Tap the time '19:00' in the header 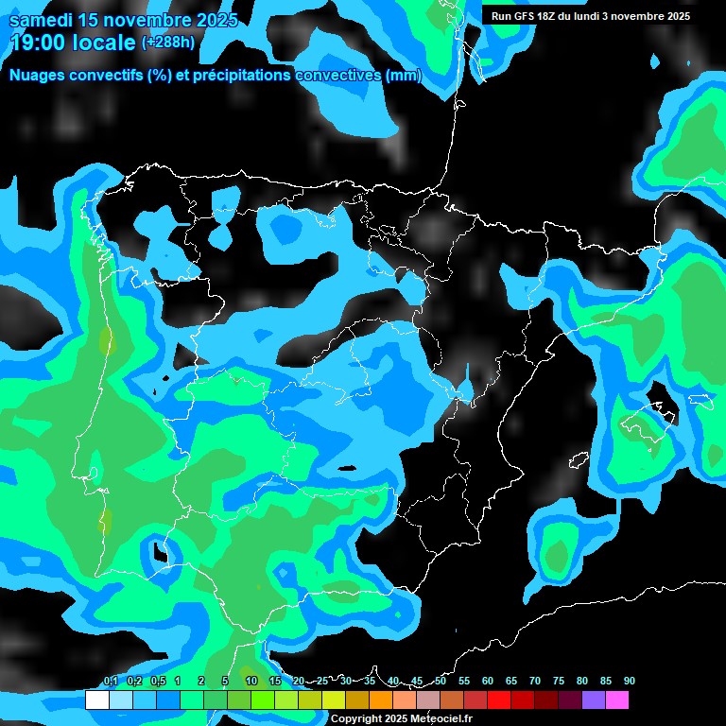(x=39, y=42)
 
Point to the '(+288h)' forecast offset (x=169, y=43)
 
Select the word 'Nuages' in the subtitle (x=37, y=76)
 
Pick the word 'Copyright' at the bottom (x=357, y=719)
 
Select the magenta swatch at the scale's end (x=617, y=700)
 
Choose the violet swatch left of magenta (x=594, y=700)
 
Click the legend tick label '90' (x=630, y=682)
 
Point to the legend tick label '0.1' (x=111, y=682)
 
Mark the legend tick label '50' (x=441, y=682)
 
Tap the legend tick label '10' (x=251, y=682)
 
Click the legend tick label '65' (x=511, y=682)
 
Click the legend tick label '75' (x=559, y=682)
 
